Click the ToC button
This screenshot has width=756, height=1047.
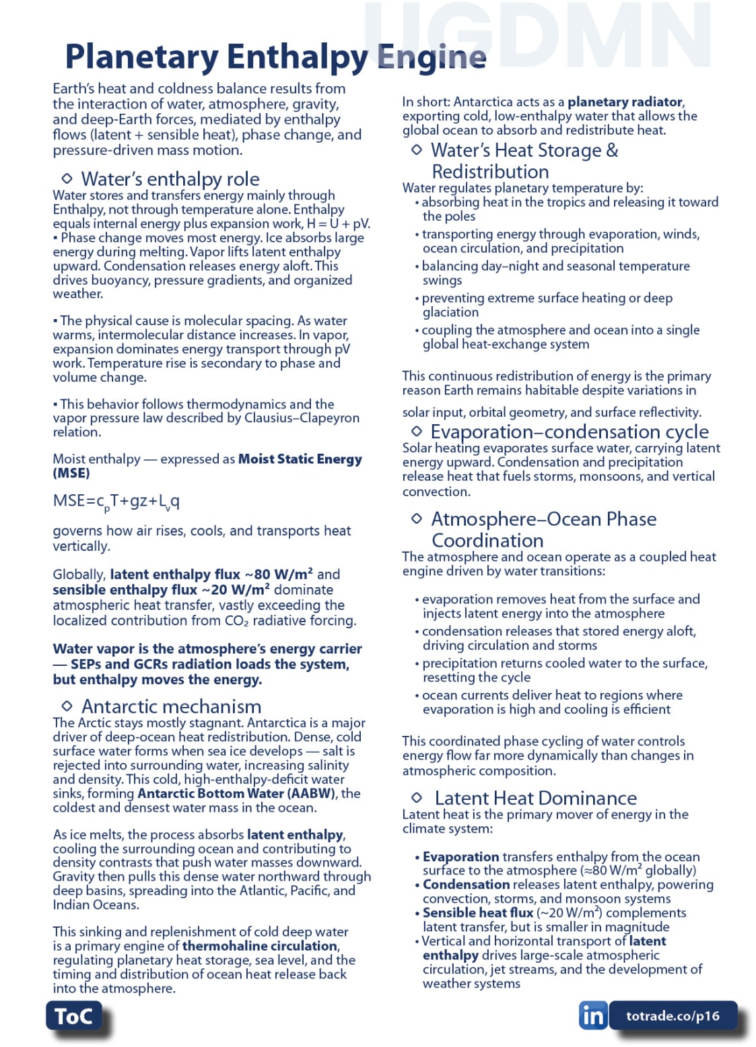pos(73,1015)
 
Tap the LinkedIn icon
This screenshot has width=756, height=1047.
pos(592,1015)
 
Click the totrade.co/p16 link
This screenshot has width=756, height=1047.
pos(673,1016)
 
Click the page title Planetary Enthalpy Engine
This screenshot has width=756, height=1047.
pos(275,57)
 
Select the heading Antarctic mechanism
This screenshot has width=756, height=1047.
pos(171,706)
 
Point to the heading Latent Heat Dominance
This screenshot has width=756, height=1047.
pos(535,798)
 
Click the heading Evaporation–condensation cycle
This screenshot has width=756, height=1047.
pos(569,432)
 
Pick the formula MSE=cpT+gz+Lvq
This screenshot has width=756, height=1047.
pos(116,502)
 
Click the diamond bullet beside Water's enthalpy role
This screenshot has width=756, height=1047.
pos(67,178)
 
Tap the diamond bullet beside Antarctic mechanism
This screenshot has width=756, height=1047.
pos(67,706)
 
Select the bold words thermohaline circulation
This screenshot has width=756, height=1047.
pos(260,946)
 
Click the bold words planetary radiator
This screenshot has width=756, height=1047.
pos(625,102)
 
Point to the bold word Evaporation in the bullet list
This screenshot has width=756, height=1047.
pos(460,856)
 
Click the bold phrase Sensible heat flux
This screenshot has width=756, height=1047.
pos(477,913)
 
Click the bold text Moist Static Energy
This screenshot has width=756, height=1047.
pos(300,459)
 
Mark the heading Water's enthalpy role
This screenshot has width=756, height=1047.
pos(170,179)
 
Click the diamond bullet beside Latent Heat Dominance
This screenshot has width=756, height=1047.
pos(417,797)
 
